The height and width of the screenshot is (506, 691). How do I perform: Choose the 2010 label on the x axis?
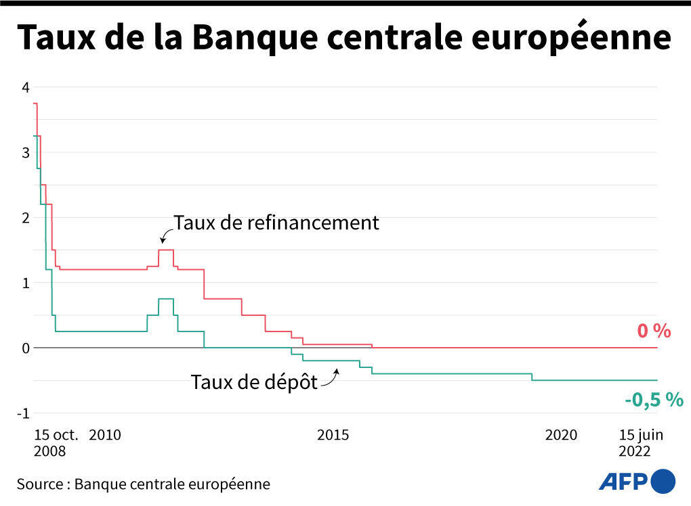pos(105,435)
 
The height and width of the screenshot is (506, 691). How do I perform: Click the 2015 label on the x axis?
pos(333,435)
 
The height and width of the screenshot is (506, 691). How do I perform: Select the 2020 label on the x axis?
pos(561,435)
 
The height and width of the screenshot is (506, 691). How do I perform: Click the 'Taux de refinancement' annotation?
pos(276,223)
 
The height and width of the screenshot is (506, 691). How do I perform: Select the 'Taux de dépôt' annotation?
pos(254,382)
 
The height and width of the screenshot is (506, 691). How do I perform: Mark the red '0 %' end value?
pos(653,331)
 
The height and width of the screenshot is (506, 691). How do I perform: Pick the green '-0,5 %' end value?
pos(654,400)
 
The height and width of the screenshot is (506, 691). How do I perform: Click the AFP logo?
pos(637,481)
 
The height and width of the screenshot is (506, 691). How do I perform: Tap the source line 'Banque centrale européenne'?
pos(172,484)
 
